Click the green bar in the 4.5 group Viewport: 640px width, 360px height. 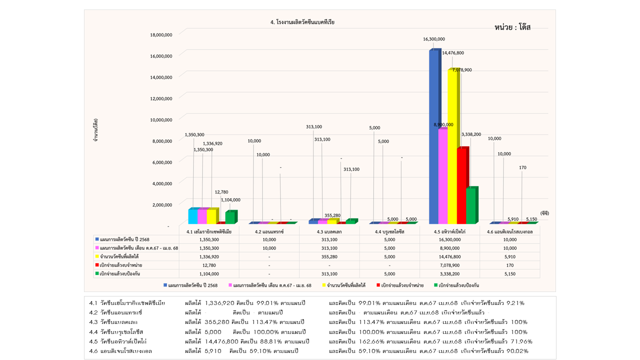tap(470, 205)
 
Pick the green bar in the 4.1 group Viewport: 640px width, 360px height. tap(230, 217)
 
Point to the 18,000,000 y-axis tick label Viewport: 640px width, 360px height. tap(161, 34)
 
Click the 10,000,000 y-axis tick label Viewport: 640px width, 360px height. tap(161, 119)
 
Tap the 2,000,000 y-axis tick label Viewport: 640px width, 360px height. tap(162, 204)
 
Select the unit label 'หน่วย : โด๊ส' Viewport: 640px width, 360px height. tap(512, 27)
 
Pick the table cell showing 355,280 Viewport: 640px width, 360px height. tap(329, 256)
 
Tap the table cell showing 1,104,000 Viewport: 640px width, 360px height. tap(209, 273)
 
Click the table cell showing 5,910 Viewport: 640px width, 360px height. tap(510, 256)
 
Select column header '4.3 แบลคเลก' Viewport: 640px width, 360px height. tap(329, 232)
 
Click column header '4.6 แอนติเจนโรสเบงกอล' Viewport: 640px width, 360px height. tap(510, 232)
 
